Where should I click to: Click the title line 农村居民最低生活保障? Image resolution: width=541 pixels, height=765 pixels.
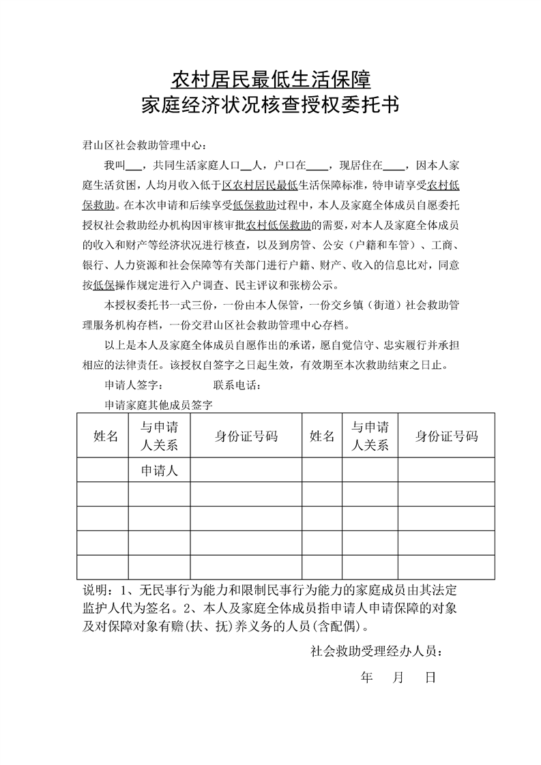pyautogui.click(x=270, y=80)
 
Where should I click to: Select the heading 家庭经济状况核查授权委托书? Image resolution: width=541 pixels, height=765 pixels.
pyautogui.click(x=270, y=106)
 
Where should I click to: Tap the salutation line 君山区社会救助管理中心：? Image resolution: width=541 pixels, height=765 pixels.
pyautogui.click(x=143, y=145)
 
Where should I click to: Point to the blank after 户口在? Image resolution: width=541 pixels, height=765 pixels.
pyautogui.click(x=317, y=166)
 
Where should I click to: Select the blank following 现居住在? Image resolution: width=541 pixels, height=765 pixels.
pyautogui.click(x=394, y=166)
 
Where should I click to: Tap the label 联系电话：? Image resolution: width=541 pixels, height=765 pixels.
pyautogui.click(x=237, y=385)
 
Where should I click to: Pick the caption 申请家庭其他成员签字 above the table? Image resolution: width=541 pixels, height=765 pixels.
pyautogui.click(x=159, y=404)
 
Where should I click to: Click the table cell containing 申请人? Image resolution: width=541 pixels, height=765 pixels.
pyautogui.click(x=159, y=470)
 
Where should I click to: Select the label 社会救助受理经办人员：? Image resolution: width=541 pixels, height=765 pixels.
pyautogui.click(x=376, y=651)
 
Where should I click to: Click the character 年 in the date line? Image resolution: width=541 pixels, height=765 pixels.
pyautogui.click(x=367, y=678)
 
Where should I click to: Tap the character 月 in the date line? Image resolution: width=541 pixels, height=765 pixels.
pyautogui.click(x=399, y=678)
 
